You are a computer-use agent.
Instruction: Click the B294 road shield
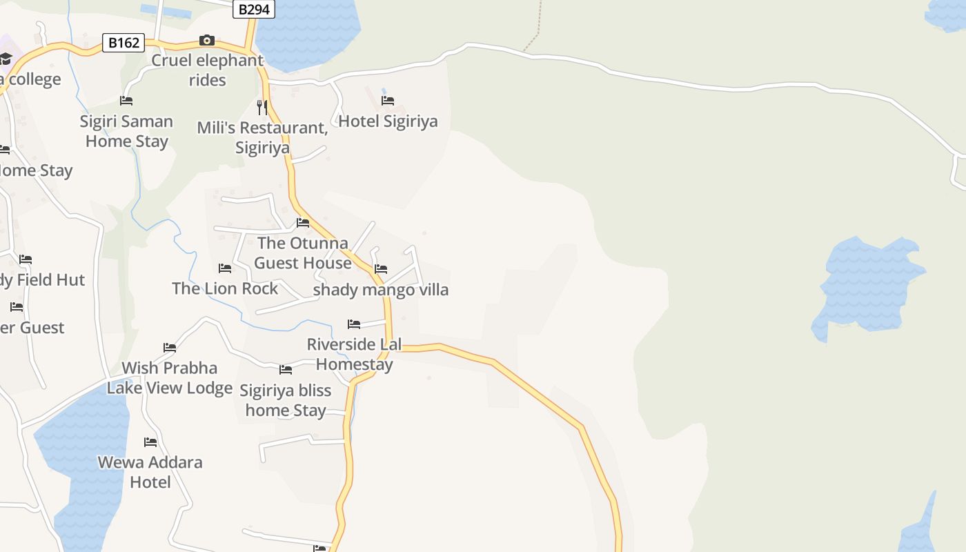click(253, 10)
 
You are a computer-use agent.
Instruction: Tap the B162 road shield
click(124, 43)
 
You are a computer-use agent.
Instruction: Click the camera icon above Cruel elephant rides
click(207, 41)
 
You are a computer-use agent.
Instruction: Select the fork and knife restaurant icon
click(262, 107)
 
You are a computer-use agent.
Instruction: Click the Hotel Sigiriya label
click(388, 121)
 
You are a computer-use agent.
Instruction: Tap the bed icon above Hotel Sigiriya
click(388, 101)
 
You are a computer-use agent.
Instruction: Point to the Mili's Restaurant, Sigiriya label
click(262, 138)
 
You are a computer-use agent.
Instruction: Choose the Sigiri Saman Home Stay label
click(126, 131)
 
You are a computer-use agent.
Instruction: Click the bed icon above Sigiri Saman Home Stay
click(126, 101)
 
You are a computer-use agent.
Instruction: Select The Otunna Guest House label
click(302, 253)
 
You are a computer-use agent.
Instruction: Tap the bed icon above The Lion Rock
click(225, 268)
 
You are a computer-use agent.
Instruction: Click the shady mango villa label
click(381, 290)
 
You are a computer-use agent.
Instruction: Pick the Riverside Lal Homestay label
click(354, 354)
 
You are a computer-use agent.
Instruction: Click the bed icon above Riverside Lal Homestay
click(354, 324)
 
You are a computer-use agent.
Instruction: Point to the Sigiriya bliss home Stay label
click(286, 400)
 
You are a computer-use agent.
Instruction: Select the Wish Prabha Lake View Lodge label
click(170, 377)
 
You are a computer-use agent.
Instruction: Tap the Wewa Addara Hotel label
click(150, 472)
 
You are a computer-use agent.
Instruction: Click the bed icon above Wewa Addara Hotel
click(150, 442)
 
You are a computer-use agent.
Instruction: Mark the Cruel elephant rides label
click(207, 70)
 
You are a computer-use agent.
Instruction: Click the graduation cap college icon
click(6, 59)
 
